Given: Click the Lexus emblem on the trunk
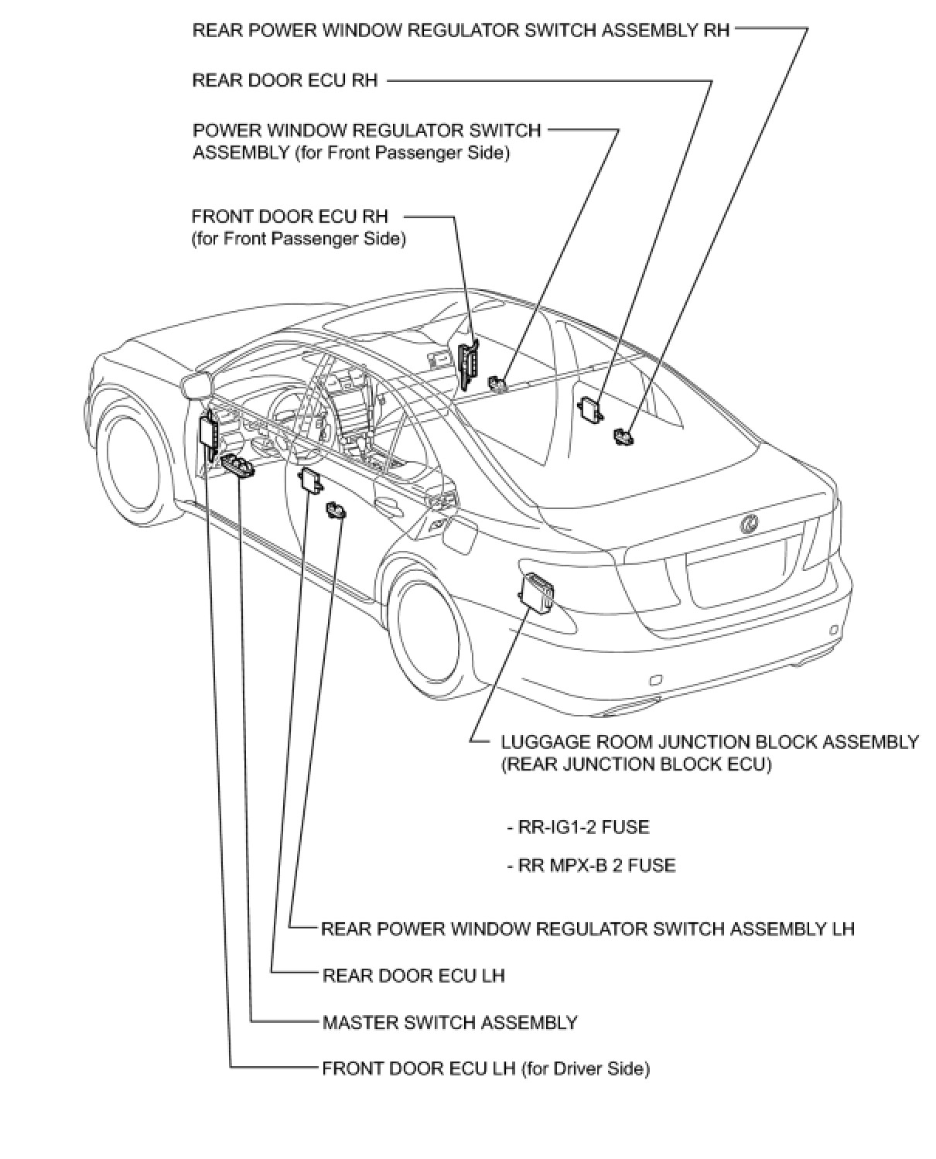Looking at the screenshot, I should tap(749, 525).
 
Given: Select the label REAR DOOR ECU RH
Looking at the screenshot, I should tap(285, 80).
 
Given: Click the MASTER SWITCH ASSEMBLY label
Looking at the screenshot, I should tap(449, 1022).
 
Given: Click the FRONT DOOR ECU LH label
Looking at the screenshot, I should tap(486, 1068).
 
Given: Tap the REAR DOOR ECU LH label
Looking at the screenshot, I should tap(413, 975).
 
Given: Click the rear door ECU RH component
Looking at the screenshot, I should tap(593, 408).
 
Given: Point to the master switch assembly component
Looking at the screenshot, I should tap(237, 464).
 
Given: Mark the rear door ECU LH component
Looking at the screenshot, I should tap(313, 480).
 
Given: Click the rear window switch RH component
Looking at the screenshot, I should tap(623, 436).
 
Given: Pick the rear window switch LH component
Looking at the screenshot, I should tap(336, 511).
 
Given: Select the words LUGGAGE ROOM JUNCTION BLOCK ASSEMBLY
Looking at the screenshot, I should tap(709, 742).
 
